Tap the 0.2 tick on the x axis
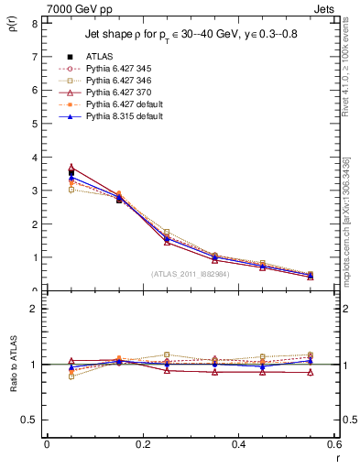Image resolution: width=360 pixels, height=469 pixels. pyautogui.click(x=142, y=445)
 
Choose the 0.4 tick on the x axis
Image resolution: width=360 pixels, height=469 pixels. pyautogui.click(x=238, y=445)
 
